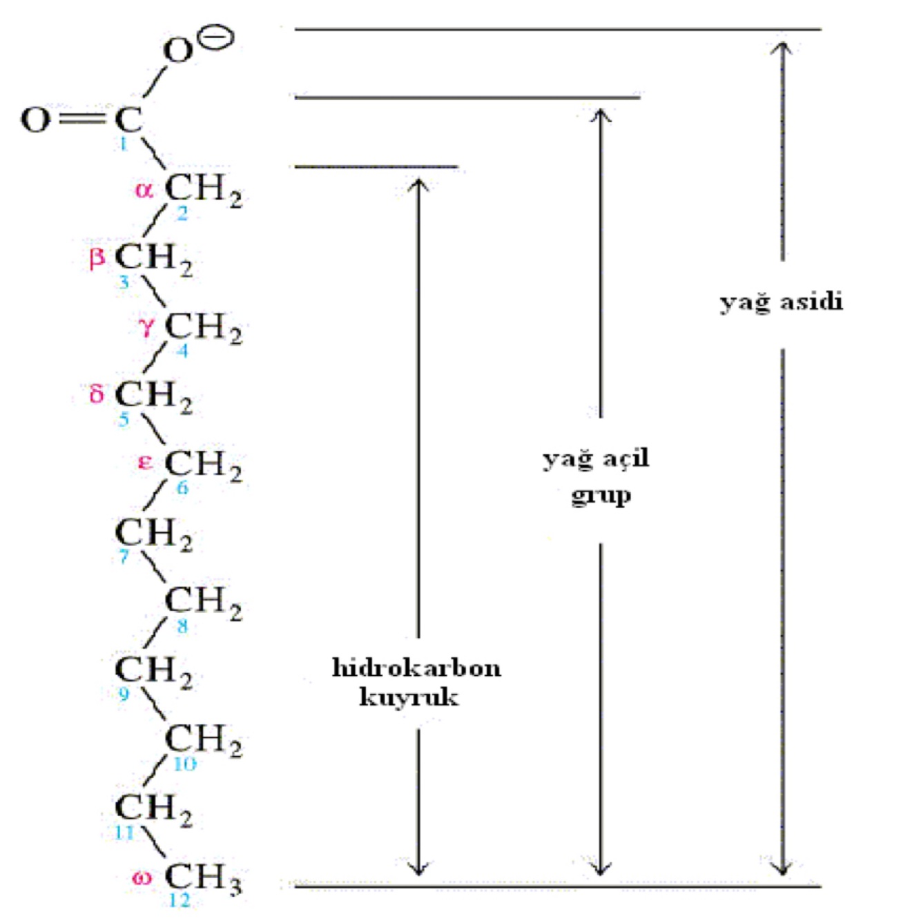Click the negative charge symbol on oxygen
(216, 37)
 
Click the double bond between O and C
(81, 119)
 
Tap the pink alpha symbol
(144, 189)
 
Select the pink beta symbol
(97, 258)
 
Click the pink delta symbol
(97, 394)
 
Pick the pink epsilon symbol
(145, 462)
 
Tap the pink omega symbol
(142, 878)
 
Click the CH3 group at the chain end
(203, 878)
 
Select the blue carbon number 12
(179, 900)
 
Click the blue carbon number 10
(184, 764)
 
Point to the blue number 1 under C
(124, 144)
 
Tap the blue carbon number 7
(124, 556)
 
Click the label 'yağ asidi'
(781, 302)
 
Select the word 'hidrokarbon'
(416, 668)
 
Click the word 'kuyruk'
(409, 697)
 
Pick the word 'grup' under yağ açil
(601, 496)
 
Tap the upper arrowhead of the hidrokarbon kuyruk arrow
(418, 184)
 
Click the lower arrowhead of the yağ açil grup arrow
(601, 869)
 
